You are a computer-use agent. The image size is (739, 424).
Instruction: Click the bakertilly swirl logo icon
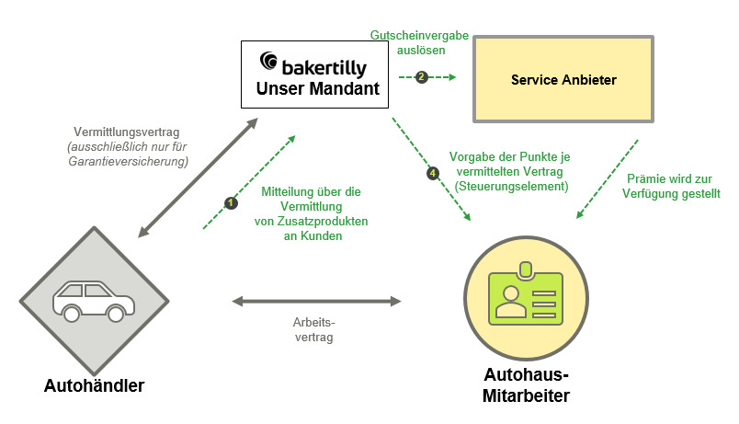point(268,61)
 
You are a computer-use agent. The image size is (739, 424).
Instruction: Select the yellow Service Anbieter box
point(563,79)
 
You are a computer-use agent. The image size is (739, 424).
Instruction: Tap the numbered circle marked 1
point(231,203)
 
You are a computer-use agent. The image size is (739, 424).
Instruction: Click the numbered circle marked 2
point(421,77)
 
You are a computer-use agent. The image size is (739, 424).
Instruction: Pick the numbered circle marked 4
point(433,174)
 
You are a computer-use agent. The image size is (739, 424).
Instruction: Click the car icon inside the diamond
point(94,302)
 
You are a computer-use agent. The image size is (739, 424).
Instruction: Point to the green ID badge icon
point(526,294)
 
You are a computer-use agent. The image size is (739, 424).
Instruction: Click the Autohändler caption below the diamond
point(95,385)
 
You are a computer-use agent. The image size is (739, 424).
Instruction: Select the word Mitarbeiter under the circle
point(526,395)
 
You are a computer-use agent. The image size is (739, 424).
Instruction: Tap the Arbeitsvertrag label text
point(313,329)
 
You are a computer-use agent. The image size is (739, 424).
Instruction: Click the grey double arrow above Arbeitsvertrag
point(316,301)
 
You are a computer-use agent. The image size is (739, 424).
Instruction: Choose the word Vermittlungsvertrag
point(126,132)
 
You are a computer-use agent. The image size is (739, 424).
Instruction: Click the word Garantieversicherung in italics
point(128,161)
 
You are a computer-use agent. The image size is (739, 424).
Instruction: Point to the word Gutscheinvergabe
point(419,35)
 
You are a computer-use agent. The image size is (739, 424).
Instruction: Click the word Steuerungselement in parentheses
point(511,186)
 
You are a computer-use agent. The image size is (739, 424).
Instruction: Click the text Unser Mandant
point(318,88)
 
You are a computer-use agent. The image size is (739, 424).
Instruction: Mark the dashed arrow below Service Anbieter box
point(607,179)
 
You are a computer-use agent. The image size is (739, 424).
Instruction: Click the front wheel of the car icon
point(116,313)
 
